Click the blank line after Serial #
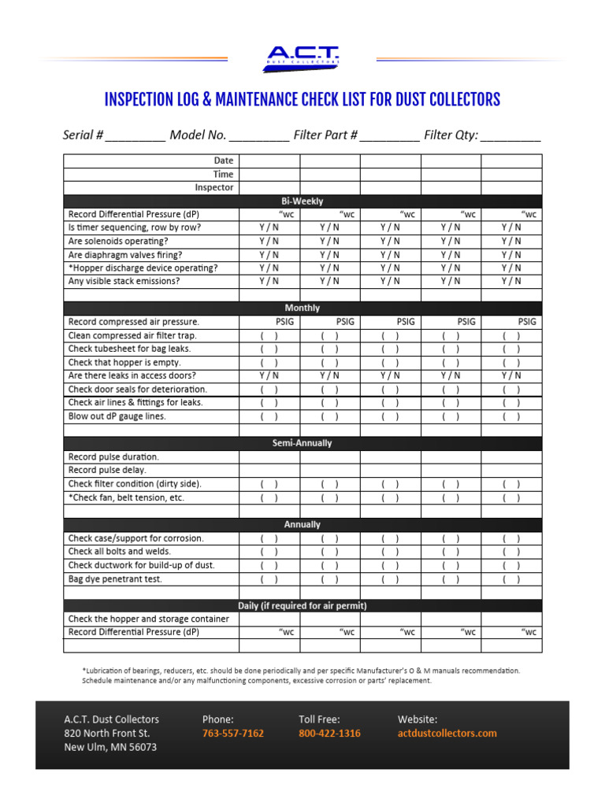pos(135,136)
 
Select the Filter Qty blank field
pos(510,136)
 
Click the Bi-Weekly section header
pos(302,201)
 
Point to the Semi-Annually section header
pos(302,443)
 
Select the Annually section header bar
pos(302,524)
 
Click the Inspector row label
pos(214,187)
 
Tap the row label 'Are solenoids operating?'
pos(118,241)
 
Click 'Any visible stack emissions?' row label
pos(124,281)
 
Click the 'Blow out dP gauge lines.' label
pos(117,416)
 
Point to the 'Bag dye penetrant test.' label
pos(115,579)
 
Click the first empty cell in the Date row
pos(269,161)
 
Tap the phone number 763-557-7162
pos(233,733)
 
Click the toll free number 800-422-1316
pos(329,733)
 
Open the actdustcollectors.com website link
pos(447,733)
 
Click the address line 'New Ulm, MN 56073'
pos(110,747)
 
